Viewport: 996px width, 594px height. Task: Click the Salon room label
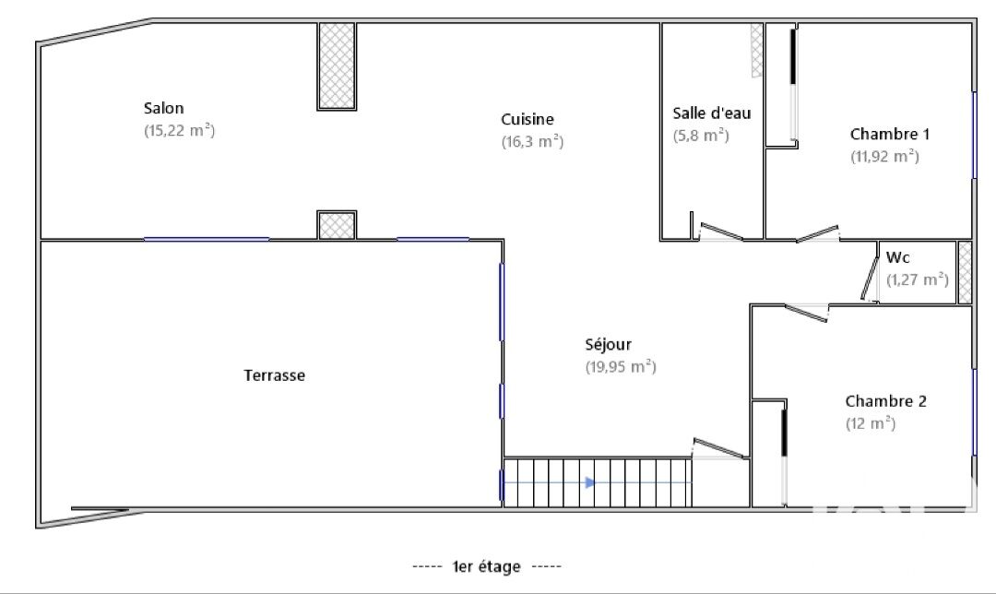pos(163,108)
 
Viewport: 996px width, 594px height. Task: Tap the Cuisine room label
pos(528,119)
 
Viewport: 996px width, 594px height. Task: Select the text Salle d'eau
pos(711,113)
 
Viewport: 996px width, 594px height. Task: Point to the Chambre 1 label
pos(889,134)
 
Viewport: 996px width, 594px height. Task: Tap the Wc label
pos(897,257)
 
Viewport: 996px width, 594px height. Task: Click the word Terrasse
pos(275,375)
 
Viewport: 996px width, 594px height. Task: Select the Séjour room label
pos(608,345)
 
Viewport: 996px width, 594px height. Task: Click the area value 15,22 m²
pos(179,131)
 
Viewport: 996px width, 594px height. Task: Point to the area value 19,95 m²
pos(621,367)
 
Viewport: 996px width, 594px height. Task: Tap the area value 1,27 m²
pos(918,279)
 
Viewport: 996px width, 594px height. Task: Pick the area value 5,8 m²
pos(701,136)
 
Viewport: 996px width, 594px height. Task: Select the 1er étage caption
pos(487,566)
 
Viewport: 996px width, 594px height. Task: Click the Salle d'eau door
pos(721,232)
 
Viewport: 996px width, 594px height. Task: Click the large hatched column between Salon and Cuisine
pos(337,66)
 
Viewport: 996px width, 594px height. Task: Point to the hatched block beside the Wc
pos(965,272)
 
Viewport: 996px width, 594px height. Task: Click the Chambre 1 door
pos(817,233)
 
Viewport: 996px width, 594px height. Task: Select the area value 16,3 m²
pos(532,142)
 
